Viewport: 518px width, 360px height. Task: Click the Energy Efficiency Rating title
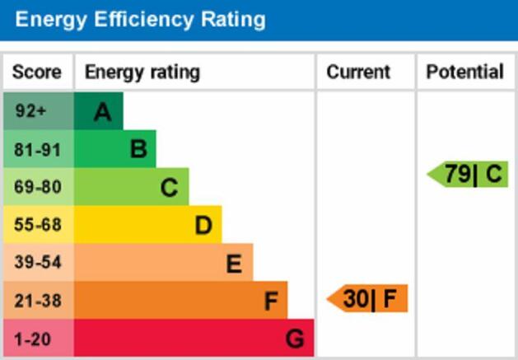pos(141,19)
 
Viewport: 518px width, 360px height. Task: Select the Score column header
pos(37,72)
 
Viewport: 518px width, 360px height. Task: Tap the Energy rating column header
pos(142,72)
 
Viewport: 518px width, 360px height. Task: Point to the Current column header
pos(358,72)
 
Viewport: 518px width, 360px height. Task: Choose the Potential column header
pos(464,72)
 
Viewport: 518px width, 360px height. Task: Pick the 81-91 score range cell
pos(37,149)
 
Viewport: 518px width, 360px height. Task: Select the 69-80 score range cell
pos(37,187)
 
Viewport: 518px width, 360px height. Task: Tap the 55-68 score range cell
pos(37,225)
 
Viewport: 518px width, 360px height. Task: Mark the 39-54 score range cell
pos(37,263)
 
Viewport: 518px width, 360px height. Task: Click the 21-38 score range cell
pos(37,301)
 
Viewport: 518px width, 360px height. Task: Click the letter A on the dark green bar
pos(102,112)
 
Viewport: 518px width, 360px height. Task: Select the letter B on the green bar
pos(138,149)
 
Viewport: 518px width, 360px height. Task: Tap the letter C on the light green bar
pos(169,188)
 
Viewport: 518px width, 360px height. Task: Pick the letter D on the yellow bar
pos(203,225)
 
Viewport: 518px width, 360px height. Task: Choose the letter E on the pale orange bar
pos(234,264)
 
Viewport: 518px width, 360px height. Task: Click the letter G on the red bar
pos(294,338)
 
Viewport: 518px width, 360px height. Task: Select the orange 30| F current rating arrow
pos(368,298)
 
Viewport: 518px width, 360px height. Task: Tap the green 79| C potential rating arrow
pos(469,174)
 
